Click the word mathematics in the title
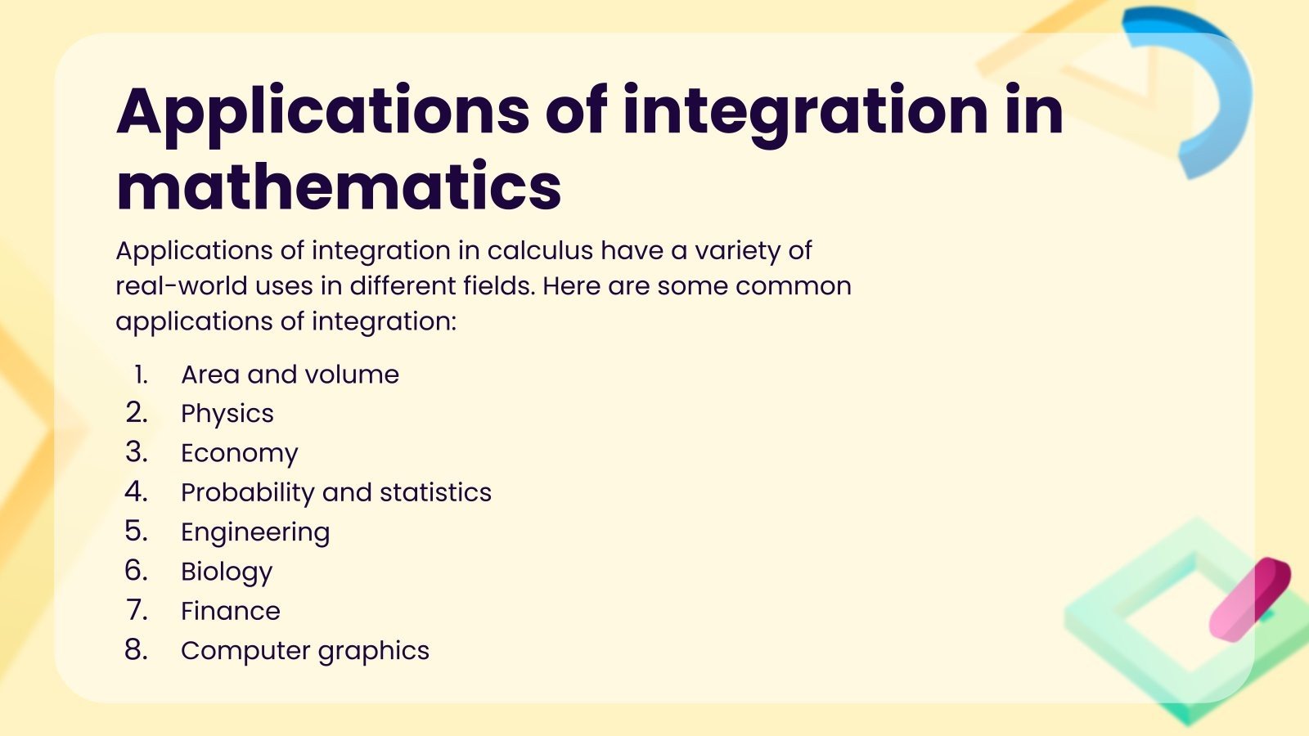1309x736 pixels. [x=339, y=187]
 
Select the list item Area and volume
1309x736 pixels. [x=290, y=375]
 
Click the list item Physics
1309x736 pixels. [x=227, y=414]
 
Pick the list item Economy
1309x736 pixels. [x=239, y=453]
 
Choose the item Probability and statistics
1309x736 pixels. [x=335, y=492]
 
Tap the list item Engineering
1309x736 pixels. [x=254, y=532]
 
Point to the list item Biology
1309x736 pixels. [x=226, y=572]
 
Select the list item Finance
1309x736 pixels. [x=230, y=611]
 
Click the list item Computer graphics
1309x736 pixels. [x=304, y=651]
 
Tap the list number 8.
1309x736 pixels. [x=136, y=650]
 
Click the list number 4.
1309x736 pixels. [x=136, y=491]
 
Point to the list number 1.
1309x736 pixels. [x=141, y=375]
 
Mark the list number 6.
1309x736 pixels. [x=136, y=571]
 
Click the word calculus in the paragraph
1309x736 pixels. [x=540, y=250]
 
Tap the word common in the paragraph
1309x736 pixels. [x=793, y=286]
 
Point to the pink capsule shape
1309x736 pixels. [x=1249, y=599]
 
